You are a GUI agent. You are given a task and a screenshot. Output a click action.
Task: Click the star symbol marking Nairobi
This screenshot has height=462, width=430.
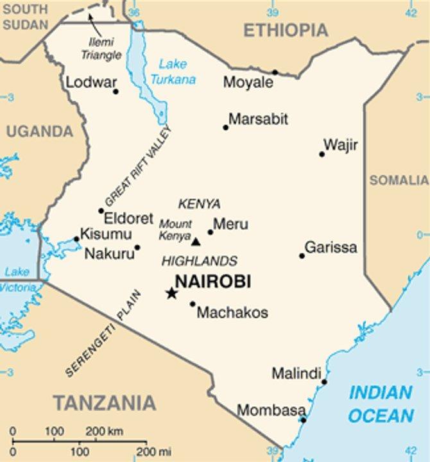point(171,293)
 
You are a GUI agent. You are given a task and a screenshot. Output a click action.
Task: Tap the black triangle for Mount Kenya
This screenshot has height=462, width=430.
point(196,241)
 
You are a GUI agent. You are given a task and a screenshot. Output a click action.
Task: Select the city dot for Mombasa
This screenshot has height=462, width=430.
point(304,420)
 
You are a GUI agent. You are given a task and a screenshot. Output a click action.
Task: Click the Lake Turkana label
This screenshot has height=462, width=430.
point(173,72)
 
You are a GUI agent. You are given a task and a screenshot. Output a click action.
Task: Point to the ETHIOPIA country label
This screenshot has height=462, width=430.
point(286,30)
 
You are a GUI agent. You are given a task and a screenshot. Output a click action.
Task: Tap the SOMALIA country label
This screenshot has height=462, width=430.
point(399,180)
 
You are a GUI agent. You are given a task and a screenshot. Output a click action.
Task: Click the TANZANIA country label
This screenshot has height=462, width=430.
point(104,403)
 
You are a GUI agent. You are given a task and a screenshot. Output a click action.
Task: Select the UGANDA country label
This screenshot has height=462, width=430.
point(40,132)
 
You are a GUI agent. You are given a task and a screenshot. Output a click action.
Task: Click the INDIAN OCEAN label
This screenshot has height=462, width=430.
point(381,404)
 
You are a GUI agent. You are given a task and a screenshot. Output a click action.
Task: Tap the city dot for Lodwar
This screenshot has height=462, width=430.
point(116,91)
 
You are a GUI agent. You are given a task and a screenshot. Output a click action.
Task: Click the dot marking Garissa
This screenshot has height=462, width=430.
point(302,255)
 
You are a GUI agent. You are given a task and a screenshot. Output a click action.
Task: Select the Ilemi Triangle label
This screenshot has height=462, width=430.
point(101,49)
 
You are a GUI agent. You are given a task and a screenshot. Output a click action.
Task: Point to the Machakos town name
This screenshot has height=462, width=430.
point(232,313)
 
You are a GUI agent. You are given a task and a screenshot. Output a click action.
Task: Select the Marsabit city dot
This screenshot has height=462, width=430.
point(225,127)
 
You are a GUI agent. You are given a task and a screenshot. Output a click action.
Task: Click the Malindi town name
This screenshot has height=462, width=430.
point(296,373)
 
